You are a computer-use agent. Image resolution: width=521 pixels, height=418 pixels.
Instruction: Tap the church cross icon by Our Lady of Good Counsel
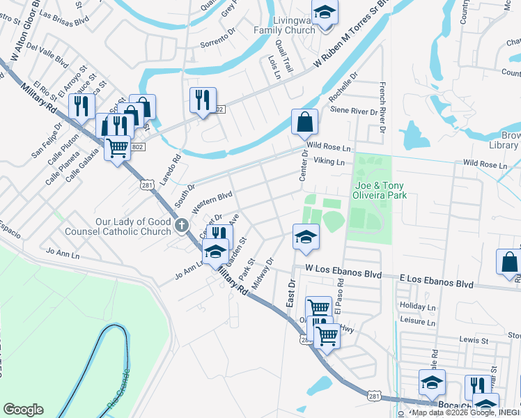(182, 225)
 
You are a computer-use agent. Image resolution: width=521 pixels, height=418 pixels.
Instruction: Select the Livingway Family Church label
(284, 22)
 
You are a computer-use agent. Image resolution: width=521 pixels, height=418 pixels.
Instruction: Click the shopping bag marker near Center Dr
(304, 123)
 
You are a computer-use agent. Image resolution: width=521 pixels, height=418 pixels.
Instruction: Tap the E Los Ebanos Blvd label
(436, 284)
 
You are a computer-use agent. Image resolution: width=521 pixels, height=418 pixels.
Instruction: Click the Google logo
(23, 410)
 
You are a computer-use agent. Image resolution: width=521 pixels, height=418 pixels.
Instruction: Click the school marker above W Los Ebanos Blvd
(306, 238)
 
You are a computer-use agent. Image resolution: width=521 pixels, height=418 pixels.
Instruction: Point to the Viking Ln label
(329, 162)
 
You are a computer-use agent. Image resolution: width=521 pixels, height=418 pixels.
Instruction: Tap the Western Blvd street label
(212, 203)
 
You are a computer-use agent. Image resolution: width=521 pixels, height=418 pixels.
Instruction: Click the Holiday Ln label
(417, 307)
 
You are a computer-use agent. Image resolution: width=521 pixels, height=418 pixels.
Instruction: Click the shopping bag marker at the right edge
(509, 263)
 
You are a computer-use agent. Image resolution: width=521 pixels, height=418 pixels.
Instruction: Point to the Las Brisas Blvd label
(65, 17)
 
